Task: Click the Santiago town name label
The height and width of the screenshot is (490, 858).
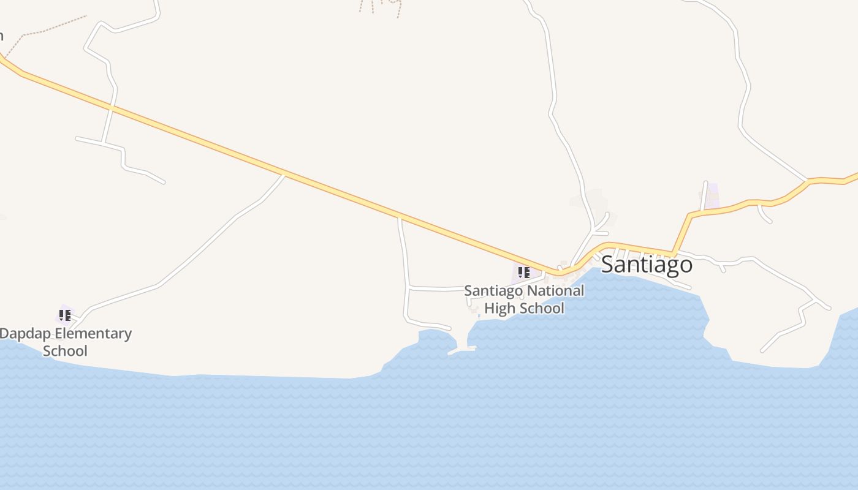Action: pos(647,265)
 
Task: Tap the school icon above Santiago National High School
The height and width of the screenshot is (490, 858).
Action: pos(523,272)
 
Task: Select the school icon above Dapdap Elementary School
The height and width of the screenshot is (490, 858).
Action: pos(65,315)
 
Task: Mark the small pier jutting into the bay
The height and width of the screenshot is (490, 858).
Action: pos(461,350)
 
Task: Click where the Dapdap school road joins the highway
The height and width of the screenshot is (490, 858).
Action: pos(284,175)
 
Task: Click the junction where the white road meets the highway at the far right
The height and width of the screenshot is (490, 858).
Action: pos(808,181)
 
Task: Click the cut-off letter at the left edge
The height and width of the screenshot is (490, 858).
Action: pos(1,35)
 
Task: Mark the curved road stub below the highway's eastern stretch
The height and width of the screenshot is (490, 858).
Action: pos(764,215)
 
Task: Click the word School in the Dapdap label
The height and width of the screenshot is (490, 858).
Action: pos(65,351)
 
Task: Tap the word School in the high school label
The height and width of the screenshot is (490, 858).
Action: pos(542,307)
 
